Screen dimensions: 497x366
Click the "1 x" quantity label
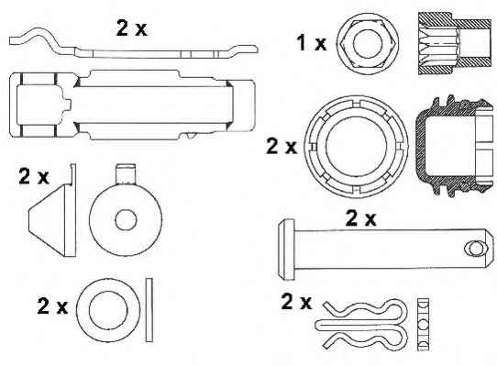coord(311,43)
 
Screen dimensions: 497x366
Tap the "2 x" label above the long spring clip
coord(132,28)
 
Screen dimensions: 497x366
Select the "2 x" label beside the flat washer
coord(52,305)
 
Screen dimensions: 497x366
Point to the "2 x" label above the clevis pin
coord(361,218)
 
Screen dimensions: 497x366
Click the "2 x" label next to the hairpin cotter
coord(296,301)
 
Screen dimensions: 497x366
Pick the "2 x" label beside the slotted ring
coord(282,146)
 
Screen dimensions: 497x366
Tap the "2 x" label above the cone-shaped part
coord(34,176)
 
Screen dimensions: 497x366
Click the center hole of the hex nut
coord(368,44)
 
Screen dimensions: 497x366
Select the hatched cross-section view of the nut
coord(455,43)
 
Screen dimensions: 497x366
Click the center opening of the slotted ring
coord(357,147)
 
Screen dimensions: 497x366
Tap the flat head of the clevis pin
coord(286,250)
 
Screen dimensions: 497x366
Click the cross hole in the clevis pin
coord(477,249)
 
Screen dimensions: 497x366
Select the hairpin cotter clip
coord(361,325)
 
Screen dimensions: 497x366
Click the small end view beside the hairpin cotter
coord(423,325)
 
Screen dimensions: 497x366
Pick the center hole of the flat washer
coord(108,310)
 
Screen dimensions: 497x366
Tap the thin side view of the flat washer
coord(149,310)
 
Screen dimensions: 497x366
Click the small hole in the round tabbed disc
coord(126,220)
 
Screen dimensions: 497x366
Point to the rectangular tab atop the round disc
coord(127,173)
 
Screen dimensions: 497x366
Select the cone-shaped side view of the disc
coord(52,210)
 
